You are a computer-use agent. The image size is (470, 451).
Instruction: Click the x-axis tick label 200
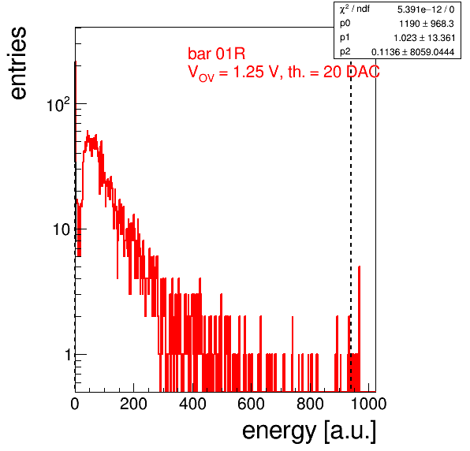[x=133, y=404]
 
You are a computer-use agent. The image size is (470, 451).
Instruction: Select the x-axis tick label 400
[x=192, y=404]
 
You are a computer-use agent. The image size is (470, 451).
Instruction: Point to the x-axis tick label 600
[x=251, y=404]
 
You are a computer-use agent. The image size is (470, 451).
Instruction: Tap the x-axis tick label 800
[x=310, y=404]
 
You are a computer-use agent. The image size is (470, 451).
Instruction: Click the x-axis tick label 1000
[x=368, y=404]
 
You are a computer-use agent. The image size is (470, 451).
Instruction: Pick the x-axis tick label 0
[x=75, y=404]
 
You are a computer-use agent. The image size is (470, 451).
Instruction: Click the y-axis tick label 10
[x=62, y=229]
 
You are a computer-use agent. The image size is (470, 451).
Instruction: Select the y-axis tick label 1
[x=68, y=355]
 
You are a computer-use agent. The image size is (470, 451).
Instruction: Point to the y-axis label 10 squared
[x=58, y=105]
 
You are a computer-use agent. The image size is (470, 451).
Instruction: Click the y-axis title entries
[x=19, y=63]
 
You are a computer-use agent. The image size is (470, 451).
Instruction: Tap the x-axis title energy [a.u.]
[x=309, y=431]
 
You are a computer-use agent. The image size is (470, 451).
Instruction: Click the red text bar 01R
[x=216, y=54]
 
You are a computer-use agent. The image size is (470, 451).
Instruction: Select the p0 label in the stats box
[x=345, y=24]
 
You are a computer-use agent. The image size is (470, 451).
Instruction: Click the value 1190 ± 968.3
[x=427, y=24]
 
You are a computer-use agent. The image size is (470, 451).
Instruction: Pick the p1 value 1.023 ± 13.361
[x=424, y=38]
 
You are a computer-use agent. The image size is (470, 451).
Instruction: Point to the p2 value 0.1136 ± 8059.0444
[x=412, y=52]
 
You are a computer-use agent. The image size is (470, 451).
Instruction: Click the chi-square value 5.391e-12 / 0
[x=426, y=9]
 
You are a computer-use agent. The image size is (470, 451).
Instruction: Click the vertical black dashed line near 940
[x=351, y=225]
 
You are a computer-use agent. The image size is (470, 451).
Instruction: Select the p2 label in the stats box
[x=345, y=53]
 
